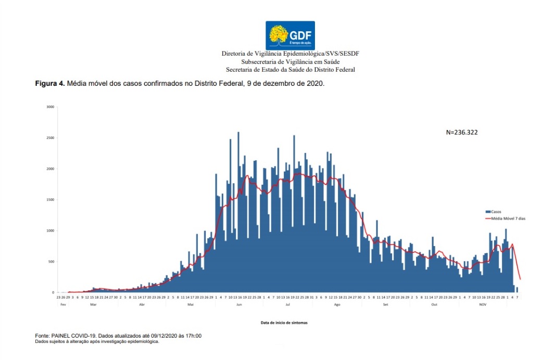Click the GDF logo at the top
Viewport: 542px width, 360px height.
pyautogui.click(x=291, y=35)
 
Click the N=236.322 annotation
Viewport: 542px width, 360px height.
pyautogui.click(x=462, y=133)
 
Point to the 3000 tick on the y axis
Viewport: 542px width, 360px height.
pyautogui.click(x=50, y=107)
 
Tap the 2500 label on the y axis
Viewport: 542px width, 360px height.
pyautogui.click(x=50, y=138)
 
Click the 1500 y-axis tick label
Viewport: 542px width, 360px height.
pyautogui.click(x=50, y=200)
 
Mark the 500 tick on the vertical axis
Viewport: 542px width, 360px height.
pyautogui.click(x=51, y=262)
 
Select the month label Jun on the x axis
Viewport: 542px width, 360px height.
pyautogui.click(x=239, y=304)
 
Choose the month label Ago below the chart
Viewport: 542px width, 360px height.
pyautogui.click(x=336, y=304)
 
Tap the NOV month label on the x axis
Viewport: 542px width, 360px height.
pyautogui.click(x=482, y=304)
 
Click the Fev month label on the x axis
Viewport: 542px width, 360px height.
pyautogui.click(x=62, y=304)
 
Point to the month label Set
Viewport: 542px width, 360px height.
pyautogui.click(x=385, y=304)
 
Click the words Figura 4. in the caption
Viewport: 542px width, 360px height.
pyautogui.click(x=50, y=83)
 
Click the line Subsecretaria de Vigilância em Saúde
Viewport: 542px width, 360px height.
pyautogui.click(x=291, y=61)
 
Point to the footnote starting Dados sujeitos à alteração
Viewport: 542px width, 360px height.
pyautogui.click(x=97, y=342)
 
